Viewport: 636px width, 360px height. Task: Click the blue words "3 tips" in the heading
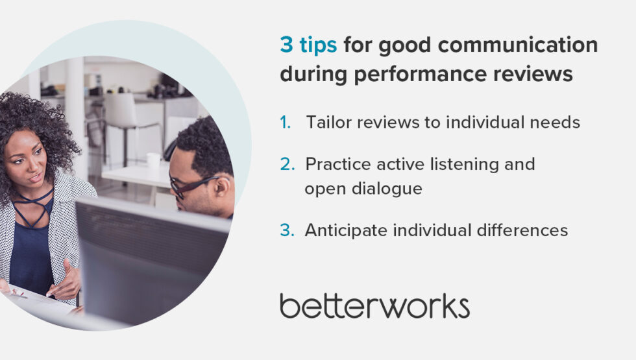tap(308, 45)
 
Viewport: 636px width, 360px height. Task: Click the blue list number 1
tap(286, 122)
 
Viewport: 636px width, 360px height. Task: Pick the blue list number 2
tap(287, 164)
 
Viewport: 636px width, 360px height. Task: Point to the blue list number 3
tap(287, 230)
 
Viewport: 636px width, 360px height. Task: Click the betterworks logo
tap(374, 306)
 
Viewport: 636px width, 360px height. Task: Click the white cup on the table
tap(153, 161)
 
